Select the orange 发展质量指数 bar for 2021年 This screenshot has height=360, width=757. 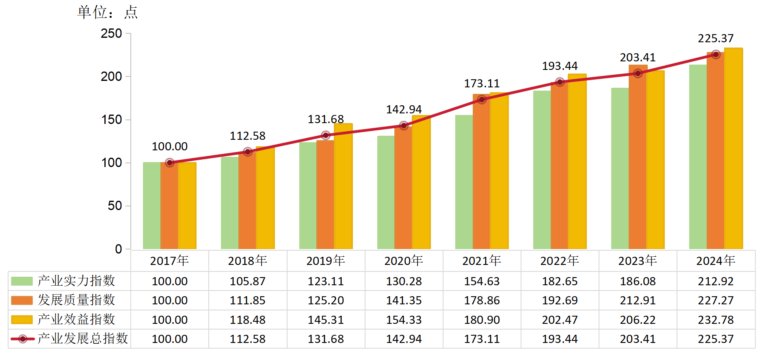coord(481,175)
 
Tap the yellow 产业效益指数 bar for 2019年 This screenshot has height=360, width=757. coord(343,187)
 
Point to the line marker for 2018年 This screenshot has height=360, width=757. coord(248,152)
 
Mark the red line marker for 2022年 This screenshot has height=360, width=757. coord(560,82)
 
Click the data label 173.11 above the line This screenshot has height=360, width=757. coord(482,83)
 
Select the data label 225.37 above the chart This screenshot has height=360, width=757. coord(716,38)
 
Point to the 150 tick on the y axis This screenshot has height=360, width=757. coord(111,119)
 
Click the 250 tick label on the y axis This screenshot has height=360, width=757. coord(111,33)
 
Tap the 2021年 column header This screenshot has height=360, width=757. coord(482,260)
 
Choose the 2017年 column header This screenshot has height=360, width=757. coord(169,260)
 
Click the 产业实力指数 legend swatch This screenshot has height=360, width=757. coord(22,281)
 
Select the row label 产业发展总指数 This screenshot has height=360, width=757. coord(82,338)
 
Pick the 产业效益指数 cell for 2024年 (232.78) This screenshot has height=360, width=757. coord(716,320)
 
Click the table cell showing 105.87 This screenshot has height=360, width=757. coord(248,281)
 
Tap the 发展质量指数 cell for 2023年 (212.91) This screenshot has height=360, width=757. coord(638,300)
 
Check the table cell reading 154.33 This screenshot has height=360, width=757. coord(404,320)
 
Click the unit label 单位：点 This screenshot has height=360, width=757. coord(108,12)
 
